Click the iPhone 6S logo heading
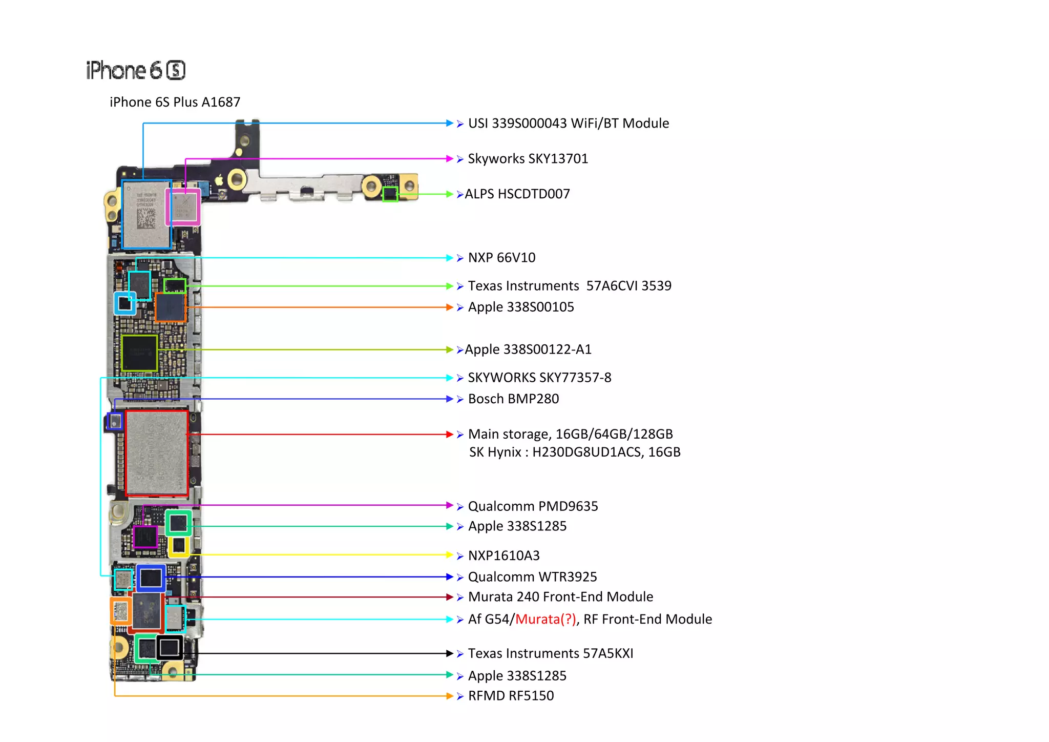click(136, 70)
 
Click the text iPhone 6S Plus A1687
click(175, 102)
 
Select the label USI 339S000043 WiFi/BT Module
click(568, 123)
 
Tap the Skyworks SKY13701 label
click(528, 159)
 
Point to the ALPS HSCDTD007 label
click(517, 194)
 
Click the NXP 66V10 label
click(501, 258)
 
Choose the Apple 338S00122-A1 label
click(528, 349)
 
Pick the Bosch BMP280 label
click(513, 399)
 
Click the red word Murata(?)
click(546, 620)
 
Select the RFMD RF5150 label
click(511, 696)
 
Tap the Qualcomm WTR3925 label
click(532, 577)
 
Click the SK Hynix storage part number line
click(575, 452)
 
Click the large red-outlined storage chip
click(157, 454)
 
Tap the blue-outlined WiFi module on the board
click(146, 214)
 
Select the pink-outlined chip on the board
click(183, 207)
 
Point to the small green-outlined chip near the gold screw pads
click(390, 194)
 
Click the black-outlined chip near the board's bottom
click(170, 648)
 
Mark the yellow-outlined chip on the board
click(179, 546)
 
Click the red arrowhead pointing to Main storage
click(450, 435)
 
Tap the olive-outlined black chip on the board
click(140, 353)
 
